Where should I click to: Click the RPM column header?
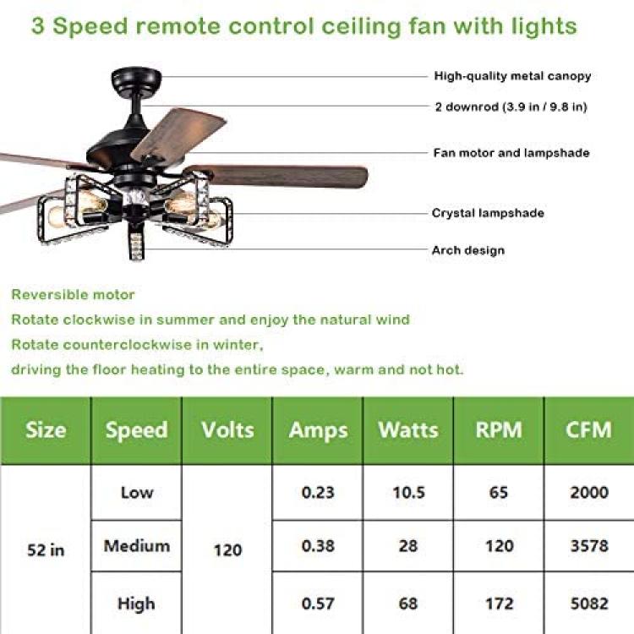[x=499, y=429]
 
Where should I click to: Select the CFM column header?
[x=588, y=429]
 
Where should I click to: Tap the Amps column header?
[x=318, y=430]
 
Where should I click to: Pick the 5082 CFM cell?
[x=589, y=604]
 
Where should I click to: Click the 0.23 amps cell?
[x=318, y=492]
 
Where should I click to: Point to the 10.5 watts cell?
[x=408, y=492]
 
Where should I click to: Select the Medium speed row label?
[x=137, y=546]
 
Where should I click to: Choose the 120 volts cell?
[x=227, y=550]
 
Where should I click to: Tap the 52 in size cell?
[x=46, y=550]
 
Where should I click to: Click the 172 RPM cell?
[x=499, y=604]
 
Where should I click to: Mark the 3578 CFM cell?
[x=589, y=546]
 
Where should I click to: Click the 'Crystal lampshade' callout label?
[x=488, y=213]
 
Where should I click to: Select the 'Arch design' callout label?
[x=467, y=250]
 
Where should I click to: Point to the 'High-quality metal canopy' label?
[x=512, y=76]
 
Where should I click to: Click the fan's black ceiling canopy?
[x=136, y=79]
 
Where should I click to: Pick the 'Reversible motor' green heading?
[x=73, y=294]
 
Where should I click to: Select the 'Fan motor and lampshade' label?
[x=511, y=153]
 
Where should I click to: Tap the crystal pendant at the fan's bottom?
[x=136, y=242]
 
